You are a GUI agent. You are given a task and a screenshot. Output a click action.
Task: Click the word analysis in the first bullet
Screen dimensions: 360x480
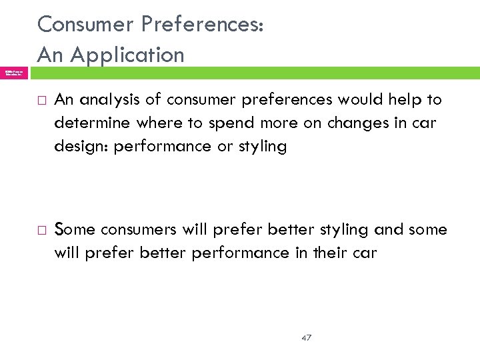click(114, 100)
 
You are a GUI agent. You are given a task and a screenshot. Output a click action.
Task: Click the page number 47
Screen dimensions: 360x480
click(306, 338)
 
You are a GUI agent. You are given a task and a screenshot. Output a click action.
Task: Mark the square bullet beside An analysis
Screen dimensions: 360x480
click(41, 101)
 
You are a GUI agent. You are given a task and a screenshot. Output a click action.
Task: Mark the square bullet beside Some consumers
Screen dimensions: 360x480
click(41, 231)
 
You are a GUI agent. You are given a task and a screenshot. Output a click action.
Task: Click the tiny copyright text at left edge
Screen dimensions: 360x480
click(14, 73)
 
